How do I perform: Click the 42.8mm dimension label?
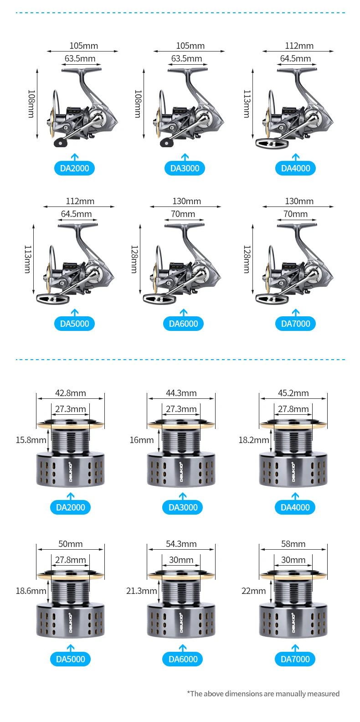click(71, 393)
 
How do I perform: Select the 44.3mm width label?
click(181, 393)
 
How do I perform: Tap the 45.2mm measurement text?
click(293, 393)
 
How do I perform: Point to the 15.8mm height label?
click(31, 440)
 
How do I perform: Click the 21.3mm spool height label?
click(141, 591)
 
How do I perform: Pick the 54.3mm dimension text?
click(181, 544)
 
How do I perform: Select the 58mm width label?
click(293, 544)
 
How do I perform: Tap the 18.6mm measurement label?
click(31, 591)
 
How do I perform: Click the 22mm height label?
click(254, 591)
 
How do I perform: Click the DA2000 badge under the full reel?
click(74, 168)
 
